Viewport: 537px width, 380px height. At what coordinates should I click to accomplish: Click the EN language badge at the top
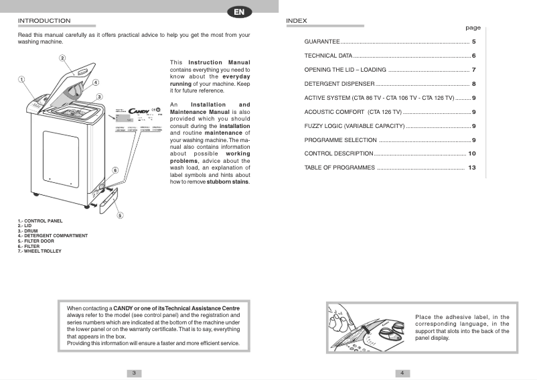point(238,12)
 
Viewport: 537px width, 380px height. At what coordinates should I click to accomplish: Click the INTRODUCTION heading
point(44,21)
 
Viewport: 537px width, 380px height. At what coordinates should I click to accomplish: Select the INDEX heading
point(297,21)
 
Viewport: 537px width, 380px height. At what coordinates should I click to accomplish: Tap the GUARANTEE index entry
point(322,42)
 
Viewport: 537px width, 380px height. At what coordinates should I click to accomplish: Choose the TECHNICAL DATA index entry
point(328,56)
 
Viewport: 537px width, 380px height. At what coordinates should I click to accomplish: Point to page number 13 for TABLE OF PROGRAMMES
point(471,168)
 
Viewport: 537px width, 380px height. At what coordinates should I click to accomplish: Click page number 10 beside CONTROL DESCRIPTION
point(471,153)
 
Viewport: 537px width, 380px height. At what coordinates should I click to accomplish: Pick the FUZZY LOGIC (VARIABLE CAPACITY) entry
point(354,126)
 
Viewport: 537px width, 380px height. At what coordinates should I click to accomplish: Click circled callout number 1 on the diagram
point(21,79)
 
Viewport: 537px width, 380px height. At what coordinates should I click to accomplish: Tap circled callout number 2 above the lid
point(62,58)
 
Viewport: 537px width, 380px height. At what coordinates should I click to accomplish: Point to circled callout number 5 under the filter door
point(119,215)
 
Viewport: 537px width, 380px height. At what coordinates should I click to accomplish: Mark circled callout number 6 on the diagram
point(115,170)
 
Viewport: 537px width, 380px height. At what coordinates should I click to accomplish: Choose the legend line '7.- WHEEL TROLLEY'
point(40,251)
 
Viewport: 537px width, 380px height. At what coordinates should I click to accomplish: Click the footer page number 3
point(134,373)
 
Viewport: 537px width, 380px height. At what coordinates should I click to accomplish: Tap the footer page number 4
point(402,373)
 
